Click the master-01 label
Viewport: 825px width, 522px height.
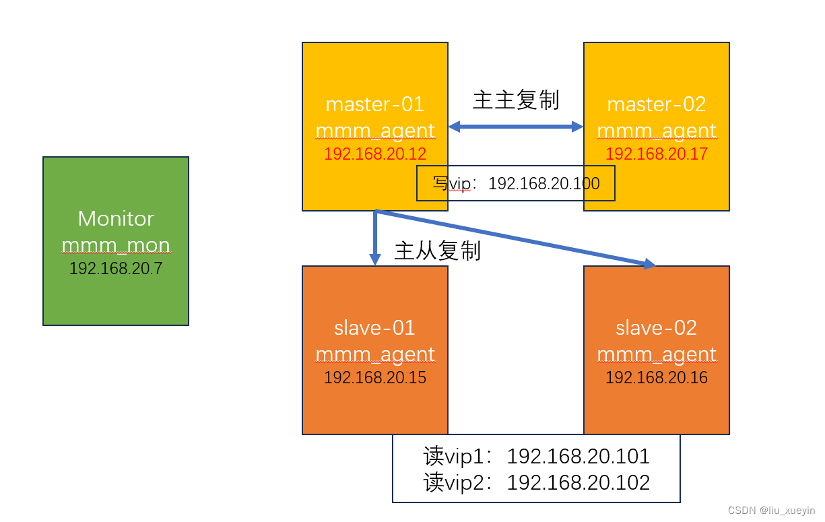(x=375, y=104)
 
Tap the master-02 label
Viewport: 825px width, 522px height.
(x=657, y=104)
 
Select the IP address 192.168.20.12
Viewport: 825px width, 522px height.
(x=375, y=154)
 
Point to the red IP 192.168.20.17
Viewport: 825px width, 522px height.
(x=657, y=154)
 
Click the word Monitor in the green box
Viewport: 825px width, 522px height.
(x=116, y=218)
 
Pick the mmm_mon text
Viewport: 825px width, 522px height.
(x=116, y=245)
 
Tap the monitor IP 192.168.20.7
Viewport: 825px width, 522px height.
(x=116, y=269)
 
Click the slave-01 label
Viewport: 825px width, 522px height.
(x=375, y=328)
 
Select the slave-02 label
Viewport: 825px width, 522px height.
(x=657, y=328)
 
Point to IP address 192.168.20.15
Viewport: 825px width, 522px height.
(x=375, y=378)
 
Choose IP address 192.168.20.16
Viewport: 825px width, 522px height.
(x=657, y=378)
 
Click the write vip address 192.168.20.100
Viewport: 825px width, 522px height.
(x=543, y=183)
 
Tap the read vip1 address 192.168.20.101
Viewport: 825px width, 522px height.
(x=578, y=457)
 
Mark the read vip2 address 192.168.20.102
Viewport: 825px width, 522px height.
(x=578, y=483)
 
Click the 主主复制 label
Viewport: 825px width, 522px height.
(x=516, y=100)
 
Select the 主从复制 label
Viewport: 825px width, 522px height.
(x=437, y=251)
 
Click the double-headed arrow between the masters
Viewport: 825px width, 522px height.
(x=516, y=126)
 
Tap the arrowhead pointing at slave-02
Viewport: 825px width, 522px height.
(x=649, y=264)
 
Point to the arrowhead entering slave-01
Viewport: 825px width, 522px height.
(x=375, y=259)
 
